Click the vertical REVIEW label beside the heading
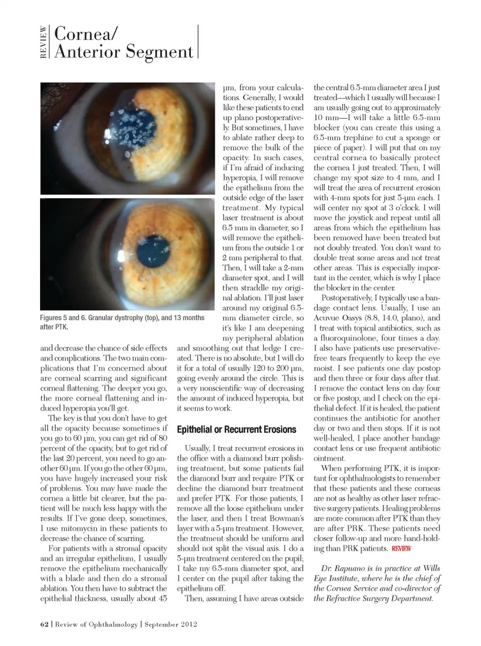click(x=44, y=42)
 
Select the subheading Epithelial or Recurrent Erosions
click(x=236, y=430)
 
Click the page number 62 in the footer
click(x=44, y=624)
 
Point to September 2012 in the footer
click(x=171, y=624)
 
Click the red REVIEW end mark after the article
click(x=401, y=548)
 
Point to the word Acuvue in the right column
click(x=328, y=318)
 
